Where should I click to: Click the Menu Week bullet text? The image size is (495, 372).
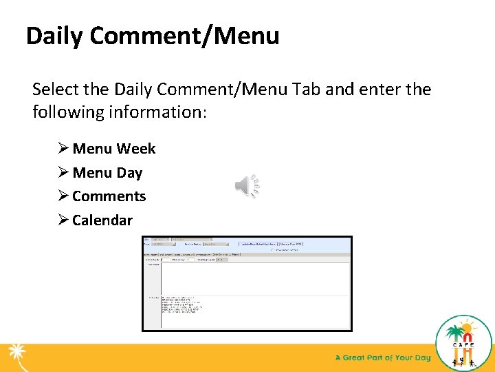[x=113, y=149]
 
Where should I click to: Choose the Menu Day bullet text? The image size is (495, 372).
[x=107, y=173]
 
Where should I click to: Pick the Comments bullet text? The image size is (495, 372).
[x=109, y=196]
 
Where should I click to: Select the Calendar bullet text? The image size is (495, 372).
[x=102, y=220]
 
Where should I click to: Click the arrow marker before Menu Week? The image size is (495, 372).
[x=63, y=149]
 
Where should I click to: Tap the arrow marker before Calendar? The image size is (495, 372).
[x=63, y=220]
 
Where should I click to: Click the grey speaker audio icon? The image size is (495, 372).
[x=247, y=185]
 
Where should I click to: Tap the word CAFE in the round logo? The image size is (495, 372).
[x=464, y=349]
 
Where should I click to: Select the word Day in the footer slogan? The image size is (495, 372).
[x=423, y=358]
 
